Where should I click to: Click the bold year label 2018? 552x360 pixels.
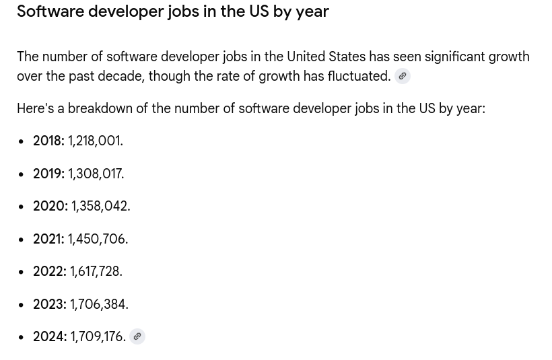pos(48,141)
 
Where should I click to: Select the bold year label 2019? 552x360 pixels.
pos(48,174)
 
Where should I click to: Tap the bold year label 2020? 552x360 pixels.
pos(50,207)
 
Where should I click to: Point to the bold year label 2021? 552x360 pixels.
pos(48,239)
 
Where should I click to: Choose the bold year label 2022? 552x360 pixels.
pos(49,272)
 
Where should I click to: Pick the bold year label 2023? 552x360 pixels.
pos(49,304)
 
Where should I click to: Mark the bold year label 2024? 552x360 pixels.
pos(50,337)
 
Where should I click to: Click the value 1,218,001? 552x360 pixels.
pos(95,141)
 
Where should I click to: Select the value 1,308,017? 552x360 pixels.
pos(96,174)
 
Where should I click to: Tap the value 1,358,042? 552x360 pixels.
pos(100,207)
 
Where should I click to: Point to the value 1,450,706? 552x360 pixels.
pos(98,239)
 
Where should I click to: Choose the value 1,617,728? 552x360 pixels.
pos(96,272)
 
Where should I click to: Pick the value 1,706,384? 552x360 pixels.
pos(99,304)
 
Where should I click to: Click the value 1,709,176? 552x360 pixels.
pos(98,337)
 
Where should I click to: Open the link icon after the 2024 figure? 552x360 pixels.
pos(137,336)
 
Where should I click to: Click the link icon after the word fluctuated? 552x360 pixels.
pos(403,76)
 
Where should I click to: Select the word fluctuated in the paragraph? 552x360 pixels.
pos(358,76)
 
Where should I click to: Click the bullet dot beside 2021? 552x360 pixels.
pos(22,240)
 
